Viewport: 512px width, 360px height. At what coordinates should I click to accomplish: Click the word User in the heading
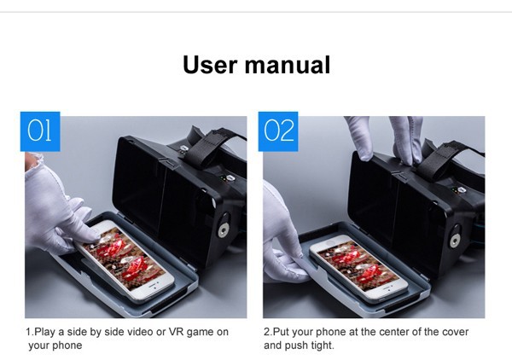(x=210, y=65)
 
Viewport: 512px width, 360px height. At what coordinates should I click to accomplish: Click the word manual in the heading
(x=288, y=65)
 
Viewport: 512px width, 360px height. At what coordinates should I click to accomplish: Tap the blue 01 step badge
(x=40, y=131)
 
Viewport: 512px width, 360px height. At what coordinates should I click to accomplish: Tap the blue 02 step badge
(x=278, y=131)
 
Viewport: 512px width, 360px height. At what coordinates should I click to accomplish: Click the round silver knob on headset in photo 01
(x=224, y=229)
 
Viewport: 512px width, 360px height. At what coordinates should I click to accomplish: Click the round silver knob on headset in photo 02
(x=455, y=241)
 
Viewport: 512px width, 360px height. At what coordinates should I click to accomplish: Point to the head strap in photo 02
(x=448, y=159)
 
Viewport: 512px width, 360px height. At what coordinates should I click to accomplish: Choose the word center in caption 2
(x=390, y=332)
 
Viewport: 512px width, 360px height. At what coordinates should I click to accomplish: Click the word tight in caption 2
(x=321, y=345)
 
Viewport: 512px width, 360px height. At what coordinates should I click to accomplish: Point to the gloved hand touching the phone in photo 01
(x=59, y=209)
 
